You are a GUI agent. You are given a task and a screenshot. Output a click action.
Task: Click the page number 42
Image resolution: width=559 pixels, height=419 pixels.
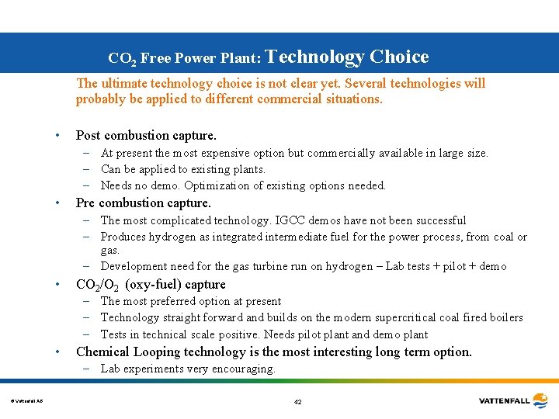[298, 402]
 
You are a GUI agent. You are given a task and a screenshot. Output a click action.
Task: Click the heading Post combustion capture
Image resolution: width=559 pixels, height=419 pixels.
[146, 135]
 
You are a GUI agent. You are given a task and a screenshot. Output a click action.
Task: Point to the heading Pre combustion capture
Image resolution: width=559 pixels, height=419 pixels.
[143, 203]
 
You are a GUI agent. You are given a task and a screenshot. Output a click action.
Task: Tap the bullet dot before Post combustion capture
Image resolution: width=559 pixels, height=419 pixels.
[57, 136]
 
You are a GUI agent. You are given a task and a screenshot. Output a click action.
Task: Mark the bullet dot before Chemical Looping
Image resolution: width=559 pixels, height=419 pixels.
[57, 352]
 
